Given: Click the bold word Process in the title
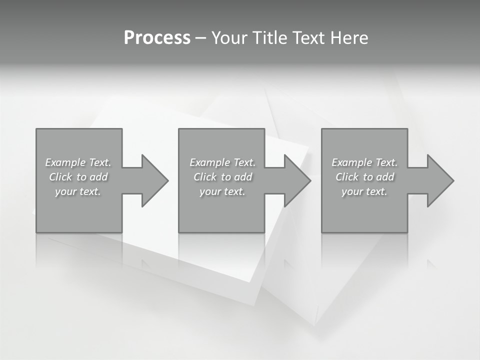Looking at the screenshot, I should (157, 38).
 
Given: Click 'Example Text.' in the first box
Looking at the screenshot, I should (78, 162).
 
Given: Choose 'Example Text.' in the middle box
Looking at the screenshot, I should (222, 162).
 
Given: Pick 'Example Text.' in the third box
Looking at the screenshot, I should (364, 162).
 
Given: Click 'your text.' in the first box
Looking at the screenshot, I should (78, 191).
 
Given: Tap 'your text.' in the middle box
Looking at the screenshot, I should (222, 191).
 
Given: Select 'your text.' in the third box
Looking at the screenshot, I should (364, 191).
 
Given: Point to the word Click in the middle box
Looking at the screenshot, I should (205, 177).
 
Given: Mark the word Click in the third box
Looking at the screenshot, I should (347, 177).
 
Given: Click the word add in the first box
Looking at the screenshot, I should (98, 177).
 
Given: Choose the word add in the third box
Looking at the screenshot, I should (385, 177).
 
